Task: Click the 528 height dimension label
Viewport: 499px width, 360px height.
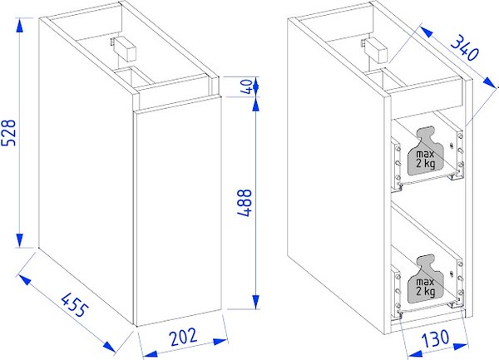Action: tap(8, 133)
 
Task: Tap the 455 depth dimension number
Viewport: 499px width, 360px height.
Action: tap(75, 305)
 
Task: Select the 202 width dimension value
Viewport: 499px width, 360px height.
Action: tap(184, 337)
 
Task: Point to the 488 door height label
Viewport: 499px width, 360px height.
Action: tap(245, 203)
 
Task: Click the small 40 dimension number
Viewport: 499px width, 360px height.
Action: tap(247, 86)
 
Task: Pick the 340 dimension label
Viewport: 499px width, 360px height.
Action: tap(464, 47)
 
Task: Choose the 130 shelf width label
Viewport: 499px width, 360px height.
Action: tap(436, 338)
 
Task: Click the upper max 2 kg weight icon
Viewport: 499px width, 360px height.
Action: tap(426, 151)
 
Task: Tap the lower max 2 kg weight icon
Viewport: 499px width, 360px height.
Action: tap(426, 279)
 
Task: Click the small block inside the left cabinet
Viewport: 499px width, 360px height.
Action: tap(125, 49)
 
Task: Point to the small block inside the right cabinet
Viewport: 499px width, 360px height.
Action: tap(377, 51)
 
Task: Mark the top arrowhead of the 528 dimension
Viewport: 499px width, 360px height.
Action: tap(20, 26)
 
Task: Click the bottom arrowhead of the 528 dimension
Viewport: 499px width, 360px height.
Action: tap(20, 240)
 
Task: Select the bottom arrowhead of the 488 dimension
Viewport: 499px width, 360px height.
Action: tap(255, 302)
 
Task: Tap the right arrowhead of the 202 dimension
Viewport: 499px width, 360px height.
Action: tap(220, 342)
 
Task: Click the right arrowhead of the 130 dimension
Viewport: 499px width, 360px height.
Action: tap(461, 347)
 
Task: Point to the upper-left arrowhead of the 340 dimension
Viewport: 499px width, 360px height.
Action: tap(427, 32)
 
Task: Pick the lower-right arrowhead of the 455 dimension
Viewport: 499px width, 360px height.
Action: tap(108, 347)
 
